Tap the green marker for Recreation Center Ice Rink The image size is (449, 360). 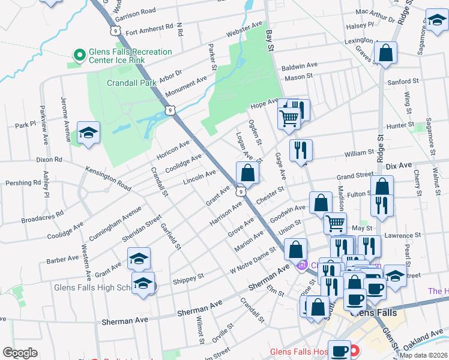click(x=79, y=56)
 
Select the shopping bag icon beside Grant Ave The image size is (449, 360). click(x=247, y=173)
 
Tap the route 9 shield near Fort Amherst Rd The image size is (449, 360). click(x=113, y=29)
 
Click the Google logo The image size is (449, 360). click(x=20, y=353)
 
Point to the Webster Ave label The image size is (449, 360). click(x=244, y=28)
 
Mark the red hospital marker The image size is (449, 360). click(x=355, y=350)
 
